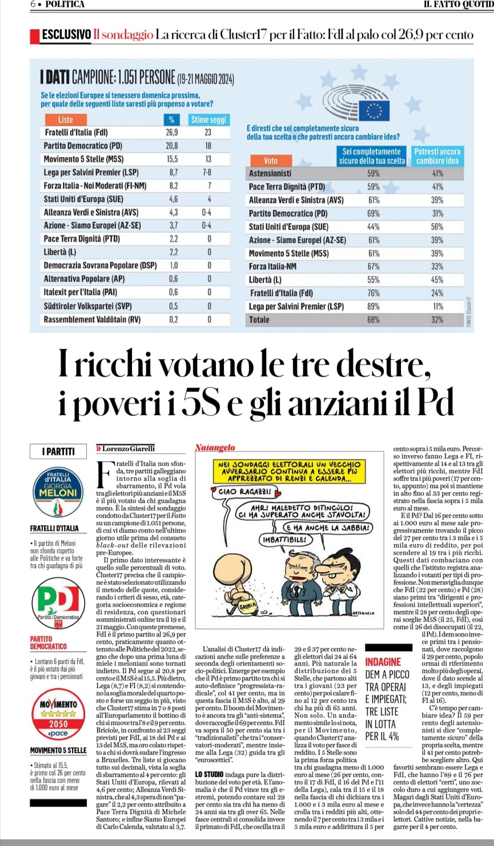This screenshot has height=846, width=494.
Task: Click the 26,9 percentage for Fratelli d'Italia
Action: click(171, 132)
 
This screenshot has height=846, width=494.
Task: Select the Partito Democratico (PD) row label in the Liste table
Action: click(83, 146)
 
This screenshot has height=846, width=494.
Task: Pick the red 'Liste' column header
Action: click(66, 119)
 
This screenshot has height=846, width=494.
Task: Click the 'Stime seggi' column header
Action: click(208, 119)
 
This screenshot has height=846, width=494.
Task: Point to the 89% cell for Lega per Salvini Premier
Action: click(373, 307)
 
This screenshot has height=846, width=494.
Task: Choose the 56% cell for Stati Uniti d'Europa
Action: click(437, 227)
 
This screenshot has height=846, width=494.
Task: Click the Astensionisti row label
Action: click(270, 173)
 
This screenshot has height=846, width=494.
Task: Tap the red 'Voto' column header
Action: click(271, 160)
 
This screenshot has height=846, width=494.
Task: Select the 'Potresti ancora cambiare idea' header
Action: click(437, 156)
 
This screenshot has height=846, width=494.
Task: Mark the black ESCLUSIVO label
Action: click(66, 35)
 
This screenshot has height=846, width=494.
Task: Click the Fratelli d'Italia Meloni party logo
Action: click(57, 492)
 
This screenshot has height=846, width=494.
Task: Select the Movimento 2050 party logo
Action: click(57, 714)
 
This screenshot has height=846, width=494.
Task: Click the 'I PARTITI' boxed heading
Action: click(58, 452)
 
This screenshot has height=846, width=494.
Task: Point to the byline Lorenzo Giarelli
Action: click(127, 449)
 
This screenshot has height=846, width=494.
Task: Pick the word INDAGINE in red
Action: click(383, 662)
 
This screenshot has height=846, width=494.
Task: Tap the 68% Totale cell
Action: click(373, 320)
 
